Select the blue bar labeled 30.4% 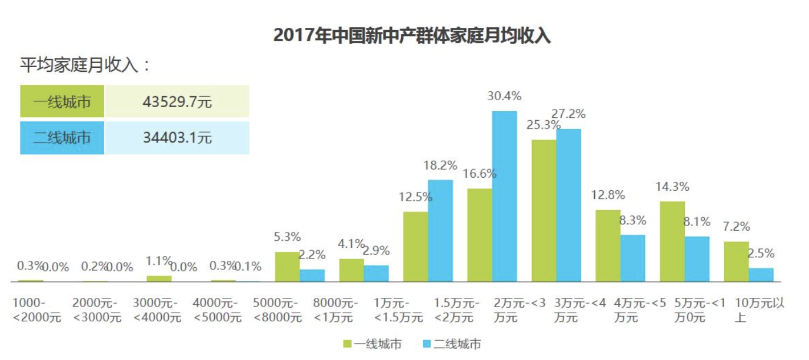tap(504, 196)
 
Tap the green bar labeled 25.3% tap(544, 210)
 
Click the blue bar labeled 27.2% tap(569, 205)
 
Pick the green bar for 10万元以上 tap(736, 261)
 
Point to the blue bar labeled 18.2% tap(440, 231)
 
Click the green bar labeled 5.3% tap(287, 267)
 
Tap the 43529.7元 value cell tap(177, 102)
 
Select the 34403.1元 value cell tap(177, 138)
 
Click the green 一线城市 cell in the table tap(62, 102)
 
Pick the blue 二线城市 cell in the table tap(62, 138)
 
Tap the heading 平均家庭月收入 tap(85, 65)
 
